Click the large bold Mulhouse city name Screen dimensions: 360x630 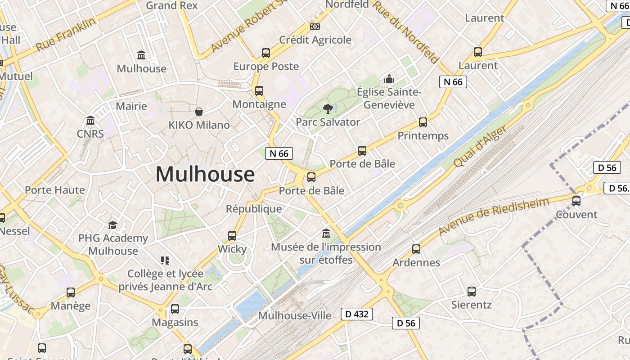205,175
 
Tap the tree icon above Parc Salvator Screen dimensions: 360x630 328,108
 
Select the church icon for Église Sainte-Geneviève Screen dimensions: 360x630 389,79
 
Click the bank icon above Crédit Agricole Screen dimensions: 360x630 315,27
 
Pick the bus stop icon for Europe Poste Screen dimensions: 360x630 266,53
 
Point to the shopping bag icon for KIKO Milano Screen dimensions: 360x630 199,111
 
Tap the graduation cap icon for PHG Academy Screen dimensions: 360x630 112,225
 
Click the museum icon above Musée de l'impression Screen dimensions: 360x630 326,234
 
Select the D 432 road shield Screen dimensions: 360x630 357,314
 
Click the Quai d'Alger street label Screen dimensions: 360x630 480,146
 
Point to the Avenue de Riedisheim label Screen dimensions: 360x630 494,216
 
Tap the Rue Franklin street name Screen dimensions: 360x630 66,34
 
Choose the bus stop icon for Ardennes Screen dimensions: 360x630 416,249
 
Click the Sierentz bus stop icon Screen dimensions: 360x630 472,291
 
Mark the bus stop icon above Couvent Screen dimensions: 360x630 576,201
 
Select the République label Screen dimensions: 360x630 254,209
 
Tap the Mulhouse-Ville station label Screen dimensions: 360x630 295,315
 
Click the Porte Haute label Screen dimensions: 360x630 55,190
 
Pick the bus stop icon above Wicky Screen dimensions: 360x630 232,235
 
